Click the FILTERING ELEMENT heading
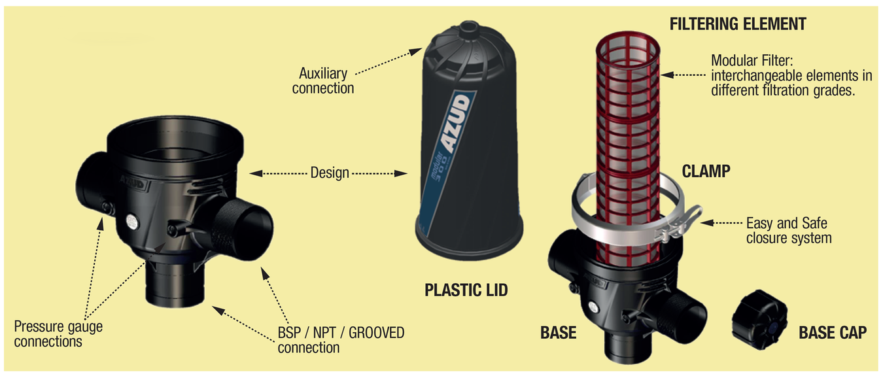738,24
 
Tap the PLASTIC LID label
466,290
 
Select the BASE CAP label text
833,333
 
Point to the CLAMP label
706,171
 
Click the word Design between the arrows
330,173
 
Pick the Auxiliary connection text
323,81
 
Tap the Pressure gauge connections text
58,334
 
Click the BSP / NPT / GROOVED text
341,333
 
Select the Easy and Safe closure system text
789,231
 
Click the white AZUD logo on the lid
457,124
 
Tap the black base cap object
759,320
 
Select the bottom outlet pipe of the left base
175,284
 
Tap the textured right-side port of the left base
237,229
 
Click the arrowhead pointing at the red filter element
667,75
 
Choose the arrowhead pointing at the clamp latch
707,223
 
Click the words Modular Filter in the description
752,61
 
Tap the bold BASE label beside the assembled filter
558,333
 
